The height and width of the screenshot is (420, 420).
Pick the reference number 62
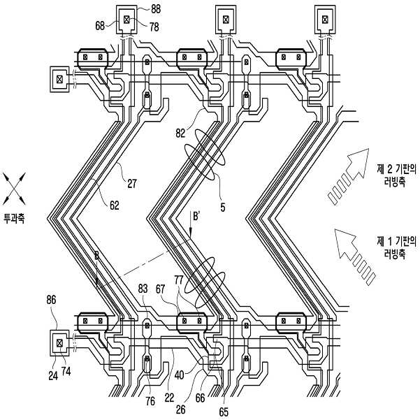[x=113, y=205]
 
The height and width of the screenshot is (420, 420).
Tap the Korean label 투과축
[x=15, y=218]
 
